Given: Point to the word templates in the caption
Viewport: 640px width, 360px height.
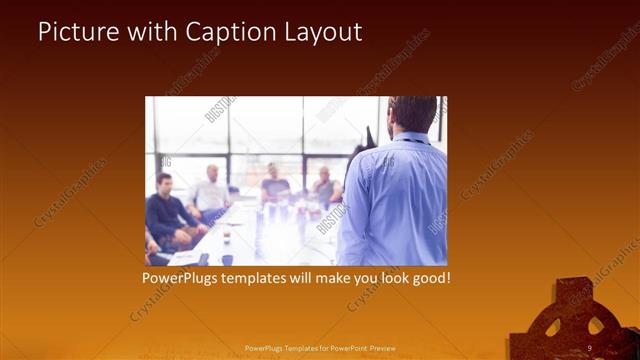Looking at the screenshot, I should click(270, 277).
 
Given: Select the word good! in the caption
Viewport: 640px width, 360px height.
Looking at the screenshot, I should click(429, 277).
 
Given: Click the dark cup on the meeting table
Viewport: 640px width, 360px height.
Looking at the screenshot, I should click(227, 259).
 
